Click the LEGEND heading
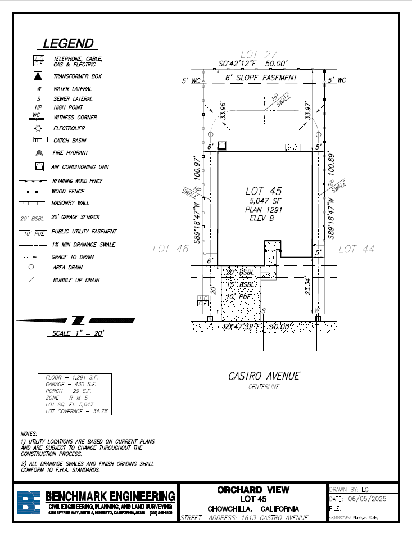pos(68,44)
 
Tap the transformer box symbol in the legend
pos(38,76)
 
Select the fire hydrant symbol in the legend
pos(38,152)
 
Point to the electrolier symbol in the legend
pos(38,128)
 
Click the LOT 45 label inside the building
pos(264,191)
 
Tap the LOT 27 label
pos(259,55)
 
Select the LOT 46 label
pos(170,249)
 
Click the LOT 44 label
pos(356,249)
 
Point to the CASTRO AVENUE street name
pos(264,376)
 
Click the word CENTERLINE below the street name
pos(264,387)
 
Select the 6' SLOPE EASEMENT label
pos(261,78)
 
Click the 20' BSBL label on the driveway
pos(240,272)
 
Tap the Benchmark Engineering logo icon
pos(29,503)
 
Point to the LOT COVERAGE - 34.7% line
pos(76,412)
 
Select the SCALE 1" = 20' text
pos(78,333)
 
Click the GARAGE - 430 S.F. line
pos(70,384)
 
